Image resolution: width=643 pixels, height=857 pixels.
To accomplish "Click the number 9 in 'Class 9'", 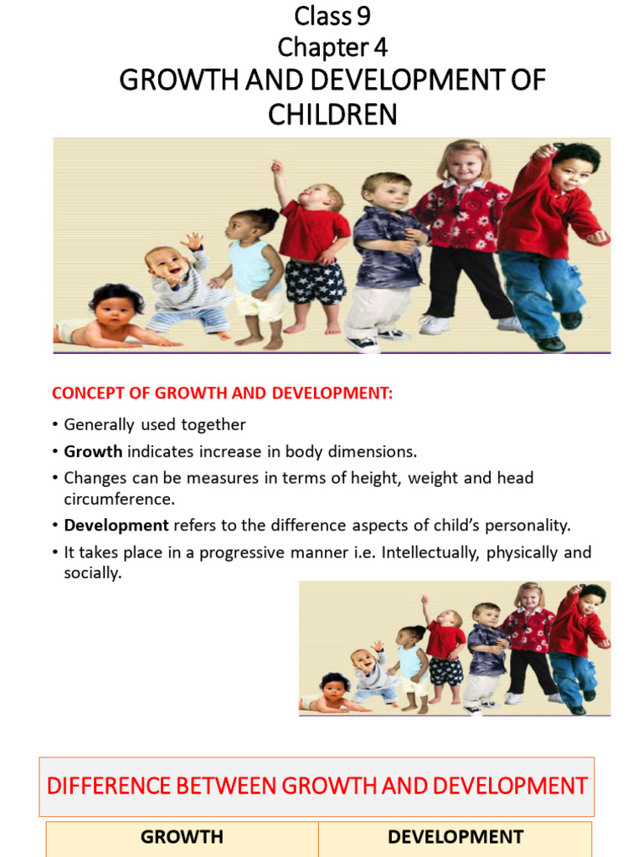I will coord(363,15).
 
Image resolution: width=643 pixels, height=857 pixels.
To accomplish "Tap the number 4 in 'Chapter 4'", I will coord(380,47).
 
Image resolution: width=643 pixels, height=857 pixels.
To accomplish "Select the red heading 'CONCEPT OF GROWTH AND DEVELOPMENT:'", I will coord(222,393).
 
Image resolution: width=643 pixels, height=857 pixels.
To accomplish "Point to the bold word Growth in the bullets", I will coord(93,452).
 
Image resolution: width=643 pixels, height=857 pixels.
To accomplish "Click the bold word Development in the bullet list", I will coord(116,526).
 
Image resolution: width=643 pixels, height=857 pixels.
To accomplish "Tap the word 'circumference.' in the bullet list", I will coord(120,499).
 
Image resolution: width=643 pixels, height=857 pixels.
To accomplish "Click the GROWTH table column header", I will coord(182,837).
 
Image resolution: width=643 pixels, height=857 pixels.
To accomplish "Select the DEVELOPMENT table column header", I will coord(455,837).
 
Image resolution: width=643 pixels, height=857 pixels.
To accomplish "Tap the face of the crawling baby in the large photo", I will coord(113,309).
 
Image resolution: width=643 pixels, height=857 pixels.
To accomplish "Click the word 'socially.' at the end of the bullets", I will coord(93,575).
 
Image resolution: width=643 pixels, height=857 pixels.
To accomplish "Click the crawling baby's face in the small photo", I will coord(334,687).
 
